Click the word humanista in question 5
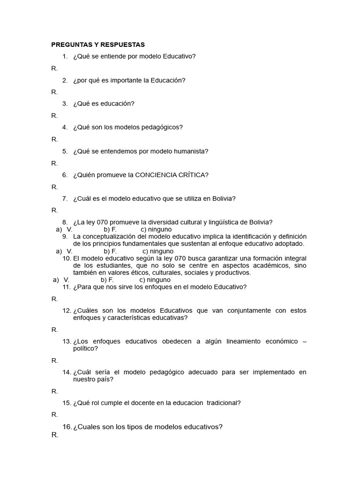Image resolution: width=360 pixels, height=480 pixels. [x=194, y=151]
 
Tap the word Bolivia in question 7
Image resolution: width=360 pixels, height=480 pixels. [x=224, y=198]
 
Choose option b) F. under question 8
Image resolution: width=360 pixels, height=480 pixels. [x=110, y=229]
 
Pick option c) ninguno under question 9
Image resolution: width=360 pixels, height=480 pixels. [x=158, y=251]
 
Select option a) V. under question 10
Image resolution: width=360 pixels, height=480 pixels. [x=61, y=279]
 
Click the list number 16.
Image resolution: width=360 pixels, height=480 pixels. [x=67, y=427]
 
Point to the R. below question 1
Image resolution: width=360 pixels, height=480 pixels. [x=55, y=68]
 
